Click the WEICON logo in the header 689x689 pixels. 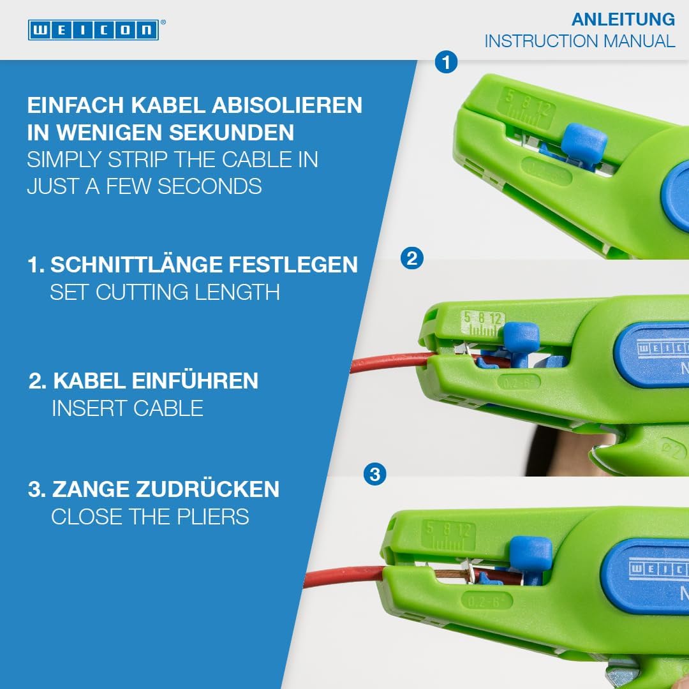pos(93,29)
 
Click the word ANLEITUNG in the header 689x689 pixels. pos(623,19)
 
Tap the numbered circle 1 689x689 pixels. pos(446,63)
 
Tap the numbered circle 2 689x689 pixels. pos(411,258)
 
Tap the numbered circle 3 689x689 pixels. pos(374,475)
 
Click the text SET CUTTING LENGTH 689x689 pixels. pos(165,292)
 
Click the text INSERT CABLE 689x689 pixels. pos(128,408)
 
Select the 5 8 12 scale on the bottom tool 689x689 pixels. pos(448,535)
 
